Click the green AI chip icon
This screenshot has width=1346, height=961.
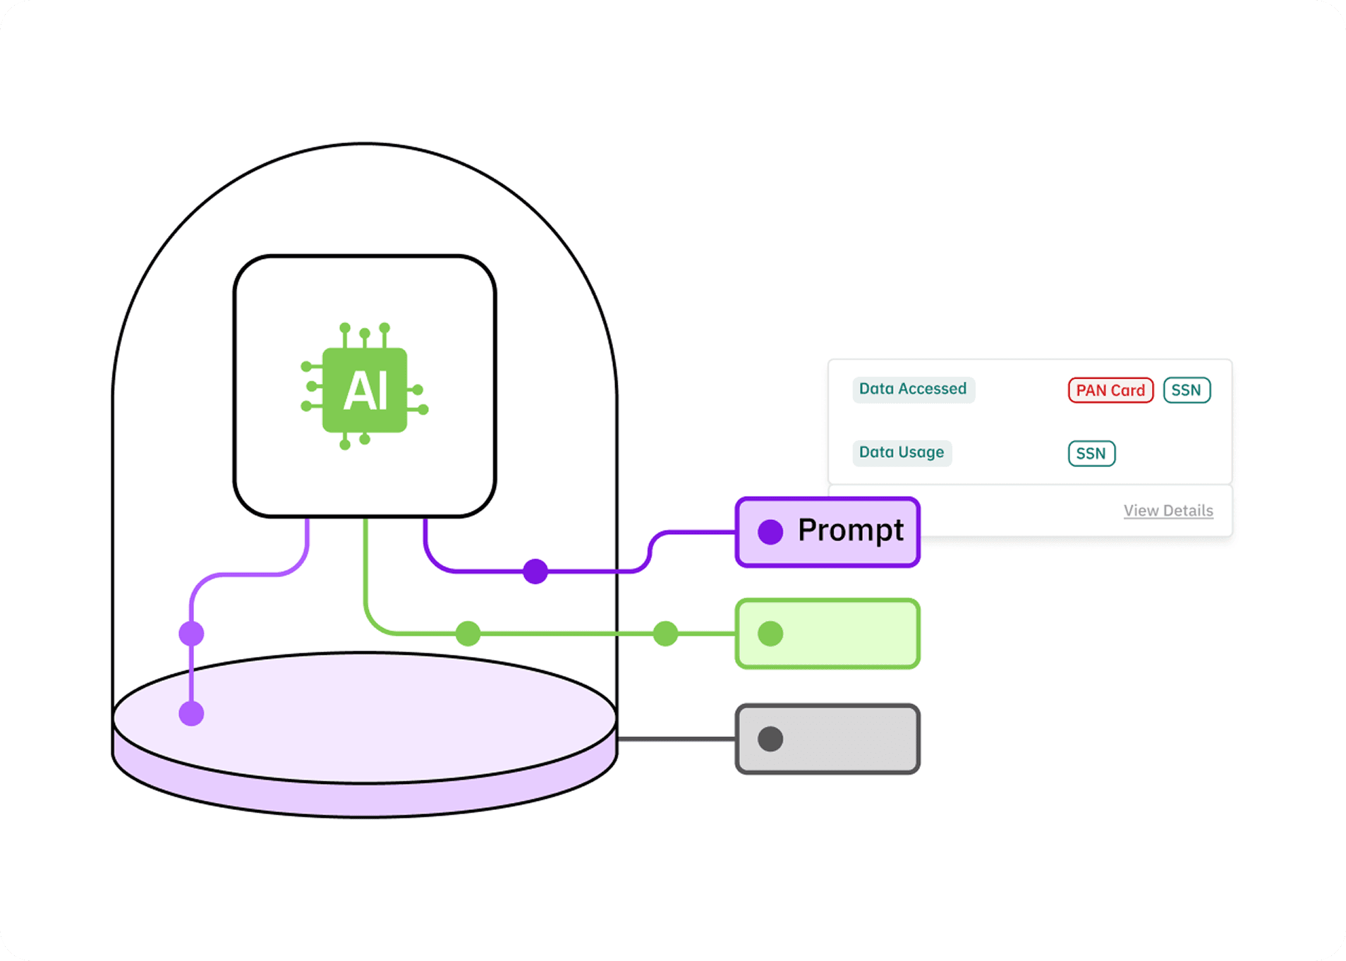click(365, 389)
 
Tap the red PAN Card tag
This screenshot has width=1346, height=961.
click(1110, 390)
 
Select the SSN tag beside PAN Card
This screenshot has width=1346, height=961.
click(1187, 390)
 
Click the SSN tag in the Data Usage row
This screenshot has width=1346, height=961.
click(1091, 454)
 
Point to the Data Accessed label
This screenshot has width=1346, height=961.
click(913, 389)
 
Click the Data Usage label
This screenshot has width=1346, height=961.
click(902, 452)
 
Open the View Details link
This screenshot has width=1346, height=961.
click(1168, 511)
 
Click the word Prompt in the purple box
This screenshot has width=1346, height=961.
click(851, 531)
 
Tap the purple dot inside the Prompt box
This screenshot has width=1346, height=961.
click(770, 532)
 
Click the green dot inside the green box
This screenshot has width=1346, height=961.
click(770, 634)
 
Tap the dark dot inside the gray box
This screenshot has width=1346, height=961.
click(770, 739)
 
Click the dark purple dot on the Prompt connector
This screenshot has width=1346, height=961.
click(535, 571)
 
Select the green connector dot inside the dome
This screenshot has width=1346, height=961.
click(468, 634)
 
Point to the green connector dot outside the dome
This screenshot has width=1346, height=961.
click(665, 634)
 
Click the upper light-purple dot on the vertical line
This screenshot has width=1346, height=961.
click(191, 634)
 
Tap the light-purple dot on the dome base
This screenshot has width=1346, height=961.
click(191, 713)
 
